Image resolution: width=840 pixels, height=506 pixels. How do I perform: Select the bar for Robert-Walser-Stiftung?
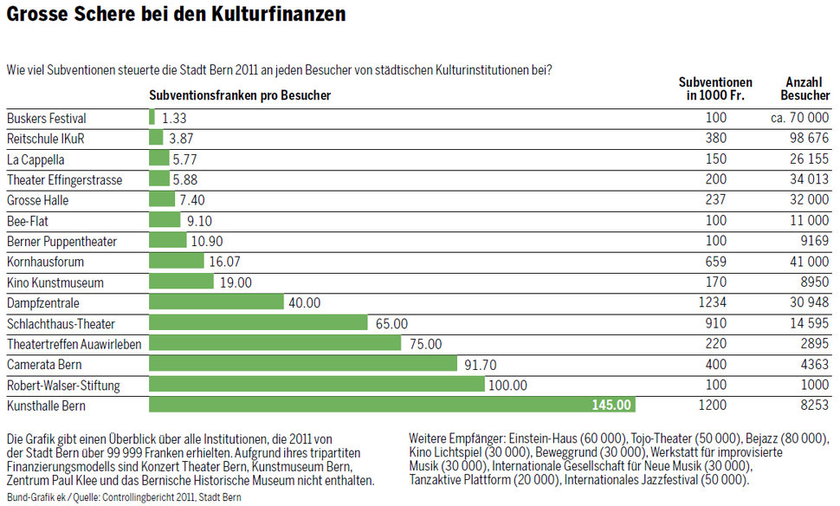317,384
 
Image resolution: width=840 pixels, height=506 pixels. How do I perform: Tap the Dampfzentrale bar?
216,302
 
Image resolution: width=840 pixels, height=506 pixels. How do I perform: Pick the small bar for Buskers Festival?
152,117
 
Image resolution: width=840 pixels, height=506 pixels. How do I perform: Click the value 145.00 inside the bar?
612,405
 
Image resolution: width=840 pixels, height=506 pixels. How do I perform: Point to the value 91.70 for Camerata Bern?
481,364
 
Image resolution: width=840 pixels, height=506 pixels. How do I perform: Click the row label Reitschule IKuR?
46,138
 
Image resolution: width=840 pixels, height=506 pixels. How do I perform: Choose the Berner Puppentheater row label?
61,241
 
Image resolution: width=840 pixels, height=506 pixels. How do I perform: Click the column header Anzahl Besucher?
804,88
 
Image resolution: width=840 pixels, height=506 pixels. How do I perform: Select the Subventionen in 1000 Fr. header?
715,88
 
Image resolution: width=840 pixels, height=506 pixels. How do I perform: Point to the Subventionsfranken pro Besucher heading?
240,95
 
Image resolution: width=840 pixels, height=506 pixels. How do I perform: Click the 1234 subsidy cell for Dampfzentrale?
715,302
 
